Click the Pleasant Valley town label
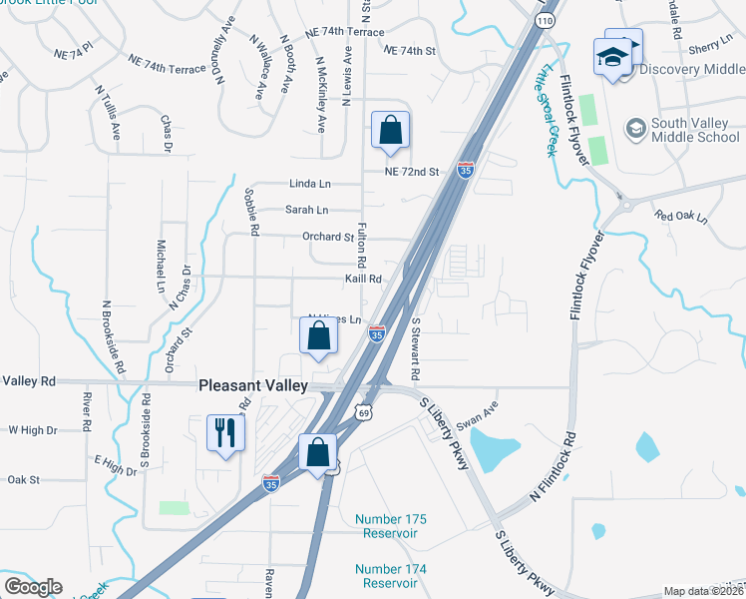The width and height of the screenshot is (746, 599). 254,385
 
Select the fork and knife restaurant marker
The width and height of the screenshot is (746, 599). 224,434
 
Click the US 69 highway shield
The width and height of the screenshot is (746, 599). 364,411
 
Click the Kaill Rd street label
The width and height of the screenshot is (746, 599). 363,280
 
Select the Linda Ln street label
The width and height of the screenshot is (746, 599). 309,185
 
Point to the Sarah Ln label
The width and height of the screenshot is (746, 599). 307,210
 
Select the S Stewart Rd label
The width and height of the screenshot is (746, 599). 416,349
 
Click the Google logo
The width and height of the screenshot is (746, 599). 33,587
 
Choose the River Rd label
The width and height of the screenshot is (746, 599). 88,409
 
